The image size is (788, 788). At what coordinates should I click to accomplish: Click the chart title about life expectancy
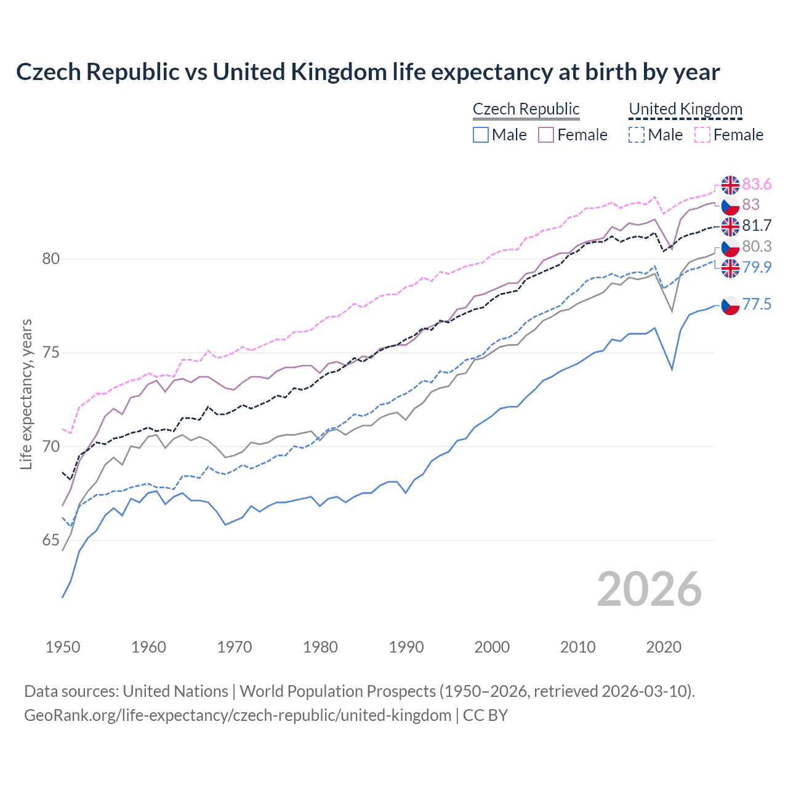pyautogui.click(x=368, y=72)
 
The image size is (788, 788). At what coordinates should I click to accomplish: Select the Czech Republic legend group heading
pyautogui.click(x=526, y=109)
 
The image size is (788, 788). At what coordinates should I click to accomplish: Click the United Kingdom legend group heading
pyautogui.click(x=685, y=109)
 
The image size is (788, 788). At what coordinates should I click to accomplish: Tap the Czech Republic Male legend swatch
pyautogui.click(x=481, y=135)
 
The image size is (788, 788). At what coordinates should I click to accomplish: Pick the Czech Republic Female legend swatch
pyautogui.click(x=546, y=135)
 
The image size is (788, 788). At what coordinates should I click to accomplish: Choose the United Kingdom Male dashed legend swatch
pyautogui.click(x=637, y=135)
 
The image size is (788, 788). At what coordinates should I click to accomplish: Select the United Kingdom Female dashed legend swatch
pyautogui.click(x=702, y=135)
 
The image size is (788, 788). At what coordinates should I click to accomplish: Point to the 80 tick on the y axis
pyautogui.click(x=51, y=259)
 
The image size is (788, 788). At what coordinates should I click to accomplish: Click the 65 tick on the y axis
pyautogui.click(x=51, y=541)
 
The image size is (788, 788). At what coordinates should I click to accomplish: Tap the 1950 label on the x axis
pyautogui.click(x=63, y=647)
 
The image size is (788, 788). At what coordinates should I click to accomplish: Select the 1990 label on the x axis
pyautogui.click(x=406, y=647)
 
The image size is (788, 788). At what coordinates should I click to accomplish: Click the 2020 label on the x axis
pyautogui.click(x=664, y=647)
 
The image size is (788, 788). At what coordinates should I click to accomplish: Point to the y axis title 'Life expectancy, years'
pyautogui.click(x=26, y=394)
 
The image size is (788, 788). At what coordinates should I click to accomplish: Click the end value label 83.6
pyautogui.click(x=757, y=185)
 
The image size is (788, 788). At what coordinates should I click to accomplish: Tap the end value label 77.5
pyautogui.click(x=757, y=304)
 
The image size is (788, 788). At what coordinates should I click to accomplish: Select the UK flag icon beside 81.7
pyautogui.click(x=730, y=226)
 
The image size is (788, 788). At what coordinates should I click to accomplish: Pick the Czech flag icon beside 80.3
pyautogui.click(x=730, y=247)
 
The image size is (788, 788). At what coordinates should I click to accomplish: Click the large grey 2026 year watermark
pyautogui.click(x=649, y=589)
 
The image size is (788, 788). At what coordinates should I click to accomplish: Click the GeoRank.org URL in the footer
pyautogui.click(x=238, y=715)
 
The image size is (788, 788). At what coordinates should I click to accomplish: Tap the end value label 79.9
pyautogui.click(x=757, y=267)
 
